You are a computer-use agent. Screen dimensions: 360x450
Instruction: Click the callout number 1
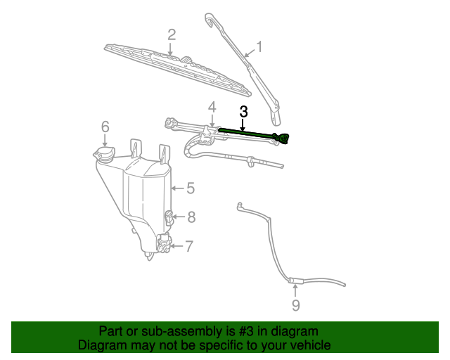[259, 47]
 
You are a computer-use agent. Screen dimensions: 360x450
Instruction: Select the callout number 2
[171, 34]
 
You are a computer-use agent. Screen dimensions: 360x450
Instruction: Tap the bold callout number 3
[243, 111]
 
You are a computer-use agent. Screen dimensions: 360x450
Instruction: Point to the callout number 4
[210, 107]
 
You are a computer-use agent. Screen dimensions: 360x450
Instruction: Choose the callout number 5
[190, 188]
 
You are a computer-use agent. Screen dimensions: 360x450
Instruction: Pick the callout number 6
[105, 127]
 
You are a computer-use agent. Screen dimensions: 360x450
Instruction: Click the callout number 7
[188, 245]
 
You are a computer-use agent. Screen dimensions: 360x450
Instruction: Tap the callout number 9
[295, 305]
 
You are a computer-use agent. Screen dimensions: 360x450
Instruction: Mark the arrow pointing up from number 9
[295, 290]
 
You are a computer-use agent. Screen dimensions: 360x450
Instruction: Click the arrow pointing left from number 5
[176, 188]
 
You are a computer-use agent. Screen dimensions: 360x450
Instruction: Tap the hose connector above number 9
[295, 280]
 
